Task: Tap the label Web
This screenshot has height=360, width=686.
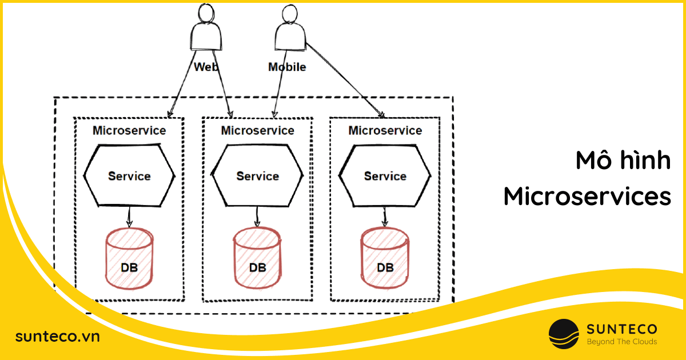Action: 206,67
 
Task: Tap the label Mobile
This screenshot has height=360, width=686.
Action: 287,67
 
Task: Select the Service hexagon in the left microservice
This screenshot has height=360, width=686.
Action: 129,176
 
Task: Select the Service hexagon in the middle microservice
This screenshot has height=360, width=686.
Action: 257,176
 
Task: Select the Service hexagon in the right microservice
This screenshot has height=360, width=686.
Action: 385,176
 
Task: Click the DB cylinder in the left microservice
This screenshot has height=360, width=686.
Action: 129,257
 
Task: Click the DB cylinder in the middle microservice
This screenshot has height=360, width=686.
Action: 257,257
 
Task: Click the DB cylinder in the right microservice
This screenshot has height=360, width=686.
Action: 385,257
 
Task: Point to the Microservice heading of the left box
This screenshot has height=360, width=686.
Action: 129,130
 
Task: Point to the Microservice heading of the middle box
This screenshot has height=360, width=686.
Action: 257,130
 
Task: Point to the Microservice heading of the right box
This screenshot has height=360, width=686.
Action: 385,130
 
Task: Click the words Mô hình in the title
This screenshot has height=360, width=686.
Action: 623,161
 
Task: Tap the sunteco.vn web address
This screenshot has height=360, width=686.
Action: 57,336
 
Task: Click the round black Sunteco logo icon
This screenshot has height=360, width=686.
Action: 564,334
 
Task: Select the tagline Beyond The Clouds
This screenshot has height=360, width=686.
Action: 622,342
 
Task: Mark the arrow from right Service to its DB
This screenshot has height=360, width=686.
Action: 385,216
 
